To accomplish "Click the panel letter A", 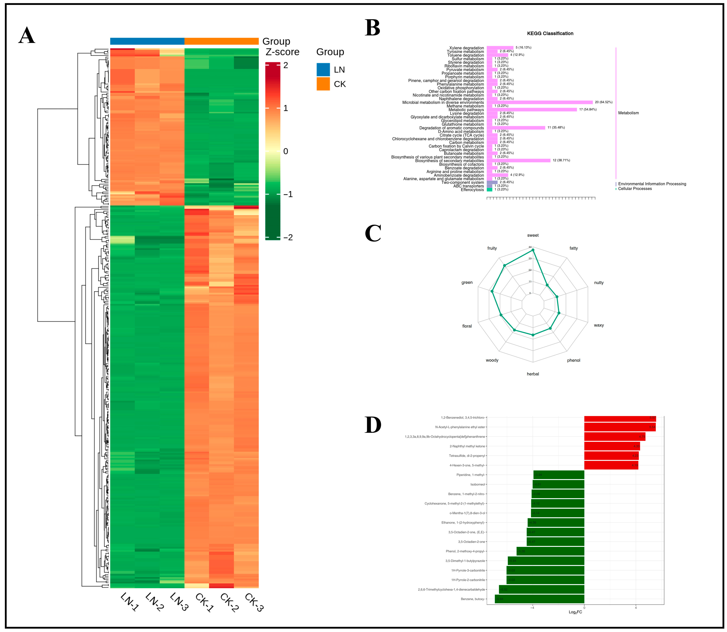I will (x=27, y=36).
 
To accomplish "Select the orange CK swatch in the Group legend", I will (x=323, y=84).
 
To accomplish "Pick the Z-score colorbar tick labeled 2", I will (x=286, y=65).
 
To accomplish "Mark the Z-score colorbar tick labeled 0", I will (x=286, y=151).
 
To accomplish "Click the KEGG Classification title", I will (x=550, y=33).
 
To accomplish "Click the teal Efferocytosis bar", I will (x=489, y=190).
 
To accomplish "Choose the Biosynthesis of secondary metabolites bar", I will (x=518, y=161).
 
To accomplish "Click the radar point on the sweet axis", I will (x=533, y=250).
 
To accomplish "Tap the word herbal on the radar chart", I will (x=533, y=374).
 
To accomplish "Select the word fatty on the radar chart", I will (x=574, y=248).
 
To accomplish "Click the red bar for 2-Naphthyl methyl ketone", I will (x=612, y=446).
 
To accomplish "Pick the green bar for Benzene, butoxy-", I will (x=539, y=599).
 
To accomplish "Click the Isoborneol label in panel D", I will (x=477, y=484).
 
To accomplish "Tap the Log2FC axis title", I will (x=575, y=612).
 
